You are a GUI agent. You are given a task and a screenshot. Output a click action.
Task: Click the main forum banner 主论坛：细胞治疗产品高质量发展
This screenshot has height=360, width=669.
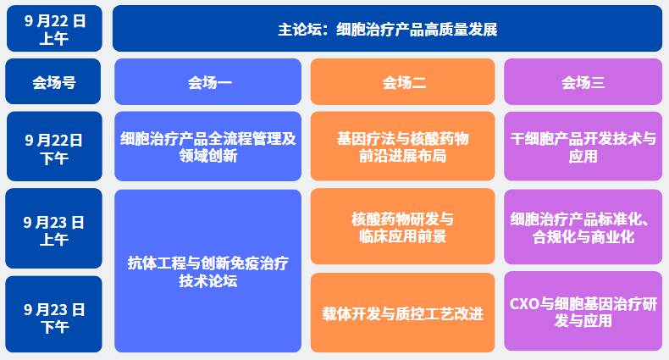click(x=387, y=29)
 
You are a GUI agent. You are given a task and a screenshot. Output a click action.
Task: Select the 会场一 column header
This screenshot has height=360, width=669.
click(x=207, y=81)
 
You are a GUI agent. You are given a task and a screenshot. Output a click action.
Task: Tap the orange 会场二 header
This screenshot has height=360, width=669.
click(x=403, y=81)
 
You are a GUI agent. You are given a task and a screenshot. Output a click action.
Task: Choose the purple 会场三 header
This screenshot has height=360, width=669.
click(x=583, y=81)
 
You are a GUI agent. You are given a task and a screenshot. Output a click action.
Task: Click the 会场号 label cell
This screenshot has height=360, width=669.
click(x=53, y=81)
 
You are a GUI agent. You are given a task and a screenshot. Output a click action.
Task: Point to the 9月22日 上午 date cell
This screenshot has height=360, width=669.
click(x=54, y=29)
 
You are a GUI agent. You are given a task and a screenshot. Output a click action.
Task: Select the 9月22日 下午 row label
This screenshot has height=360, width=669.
click(x=54, y=147)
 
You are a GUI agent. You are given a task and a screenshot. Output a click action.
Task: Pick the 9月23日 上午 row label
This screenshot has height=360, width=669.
click(x=53, y=228)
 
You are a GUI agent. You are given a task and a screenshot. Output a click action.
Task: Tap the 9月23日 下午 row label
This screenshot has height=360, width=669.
click(x=53, y=314)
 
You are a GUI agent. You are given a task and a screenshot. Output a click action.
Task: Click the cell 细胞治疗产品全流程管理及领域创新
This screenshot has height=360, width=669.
click(x=207, y=147)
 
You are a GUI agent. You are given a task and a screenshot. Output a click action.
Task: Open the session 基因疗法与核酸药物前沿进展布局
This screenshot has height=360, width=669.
click(x=403, y=147)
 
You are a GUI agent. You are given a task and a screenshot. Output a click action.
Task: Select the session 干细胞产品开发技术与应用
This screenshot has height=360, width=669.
click(x=583, y=147)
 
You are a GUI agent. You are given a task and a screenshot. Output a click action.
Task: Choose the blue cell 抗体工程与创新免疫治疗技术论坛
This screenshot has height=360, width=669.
click(x=207, y=271)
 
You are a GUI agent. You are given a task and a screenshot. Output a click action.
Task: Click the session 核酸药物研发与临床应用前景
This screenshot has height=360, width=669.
click(x=403, y=226)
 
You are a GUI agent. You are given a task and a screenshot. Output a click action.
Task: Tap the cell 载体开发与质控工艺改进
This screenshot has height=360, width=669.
click(x=403, y=313)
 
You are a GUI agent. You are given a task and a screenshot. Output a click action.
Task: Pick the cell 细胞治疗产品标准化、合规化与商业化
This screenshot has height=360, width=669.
click(x=583, y=226)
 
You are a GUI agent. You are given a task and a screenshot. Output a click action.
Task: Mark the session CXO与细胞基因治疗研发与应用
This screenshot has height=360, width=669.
click(x=583, y=311)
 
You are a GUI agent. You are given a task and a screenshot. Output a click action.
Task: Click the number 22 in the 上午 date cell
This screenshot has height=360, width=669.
click(x=61, y=21)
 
